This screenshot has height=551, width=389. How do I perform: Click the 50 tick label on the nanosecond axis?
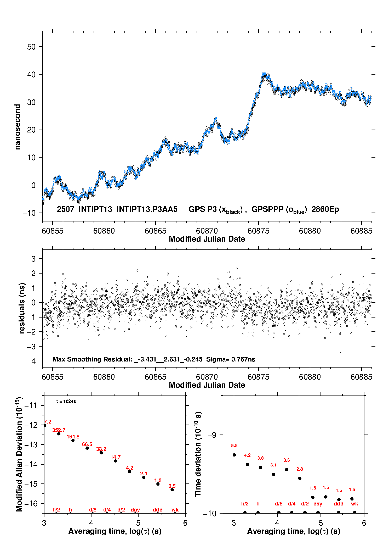click(x=31, y=47)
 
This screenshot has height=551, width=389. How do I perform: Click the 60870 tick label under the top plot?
click(x=207, y=231)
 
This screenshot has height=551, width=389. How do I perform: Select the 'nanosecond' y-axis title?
click(x=17, y=127)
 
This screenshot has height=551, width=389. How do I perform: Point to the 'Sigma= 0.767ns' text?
click(x=231, y=359)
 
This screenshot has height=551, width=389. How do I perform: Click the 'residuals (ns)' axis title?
click(x=22, y=308)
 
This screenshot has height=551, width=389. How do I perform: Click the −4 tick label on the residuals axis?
click(x=31, y=361)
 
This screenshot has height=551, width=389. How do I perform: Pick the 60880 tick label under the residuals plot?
click(x=310, y=377)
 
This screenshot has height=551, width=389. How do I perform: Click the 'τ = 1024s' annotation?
click(x=66, y=402)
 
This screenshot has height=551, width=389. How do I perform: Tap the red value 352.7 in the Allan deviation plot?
click(x=59, y=430)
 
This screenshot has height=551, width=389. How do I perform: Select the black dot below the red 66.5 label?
click(x=87, y=448)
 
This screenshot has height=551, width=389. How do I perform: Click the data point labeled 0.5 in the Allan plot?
click(x=172, y=490)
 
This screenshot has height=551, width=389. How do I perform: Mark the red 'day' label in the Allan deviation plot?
click(x=135, y=510)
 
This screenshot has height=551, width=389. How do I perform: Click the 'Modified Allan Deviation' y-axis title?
click(x=19, y=454)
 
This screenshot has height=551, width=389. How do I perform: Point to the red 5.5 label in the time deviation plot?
click(x=234, y=446)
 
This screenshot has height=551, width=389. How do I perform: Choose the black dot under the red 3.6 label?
click(x=287, y=470)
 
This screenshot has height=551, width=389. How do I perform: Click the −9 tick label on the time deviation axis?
click(x=212, y=435)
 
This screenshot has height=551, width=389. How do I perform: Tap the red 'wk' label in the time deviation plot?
click(x=354, y=504)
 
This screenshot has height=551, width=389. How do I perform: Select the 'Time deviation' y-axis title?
click(x=198, y=454)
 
